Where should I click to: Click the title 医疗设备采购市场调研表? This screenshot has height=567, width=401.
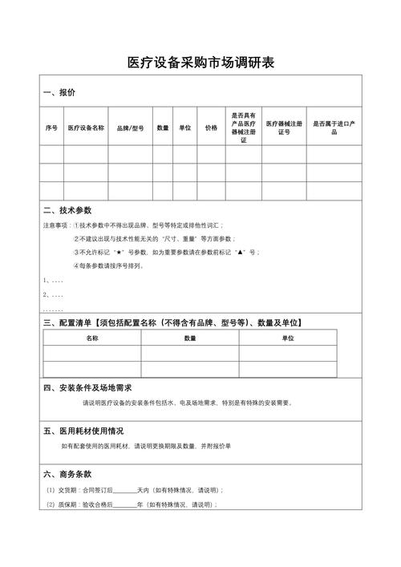[x=200, y=62]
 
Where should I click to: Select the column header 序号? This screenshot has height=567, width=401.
[x=51, y=128]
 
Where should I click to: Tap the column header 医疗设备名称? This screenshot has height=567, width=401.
[x=87, y=128]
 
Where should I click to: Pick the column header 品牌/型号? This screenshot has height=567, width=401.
[x=130, y=128]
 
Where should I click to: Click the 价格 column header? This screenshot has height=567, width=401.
[x=211, y=128]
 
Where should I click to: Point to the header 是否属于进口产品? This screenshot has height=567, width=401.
[x=334, y=128]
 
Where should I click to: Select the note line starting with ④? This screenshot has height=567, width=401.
[x=108, y=265]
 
